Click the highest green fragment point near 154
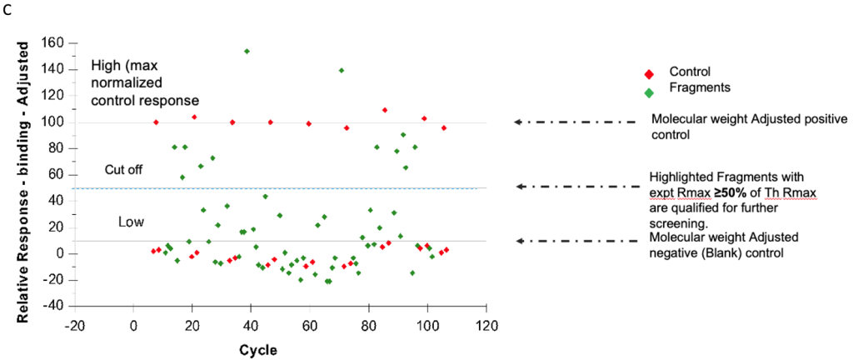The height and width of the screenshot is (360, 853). pyautogui.click(x=247, y=51)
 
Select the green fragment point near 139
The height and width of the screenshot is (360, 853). pyautogui.click(x=342, y=70)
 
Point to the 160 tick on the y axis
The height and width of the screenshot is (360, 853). pyautogui.click(x=62, y=42)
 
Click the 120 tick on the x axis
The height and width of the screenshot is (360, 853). pyautogui.click(x=486, y=325)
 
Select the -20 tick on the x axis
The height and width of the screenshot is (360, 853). pyautogui.click(x=75, y=325)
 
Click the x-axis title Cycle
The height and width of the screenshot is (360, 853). pyautogui.click(x=258, y=349)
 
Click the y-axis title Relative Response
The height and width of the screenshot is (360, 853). pyautogui.click(x=24, y=175)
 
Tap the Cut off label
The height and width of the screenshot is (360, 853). pyautogui.click(x=123, y=169)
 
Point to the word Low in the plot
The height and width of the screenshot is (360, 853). pyautogui.click(x=131, y=222)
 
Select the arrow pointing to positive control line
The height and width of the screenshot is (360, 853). pyautogui.click(x=574, y=122)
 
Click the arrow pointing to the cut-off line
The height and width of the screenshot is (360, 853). pyautogui.click(x=574, y=187)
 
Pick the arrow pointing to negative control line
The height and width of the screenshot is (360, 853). pyautogui.click(x=574, y=241)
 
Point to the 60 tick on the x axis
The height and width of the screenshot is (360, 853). pyautogui.click(x=310, y=325)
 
